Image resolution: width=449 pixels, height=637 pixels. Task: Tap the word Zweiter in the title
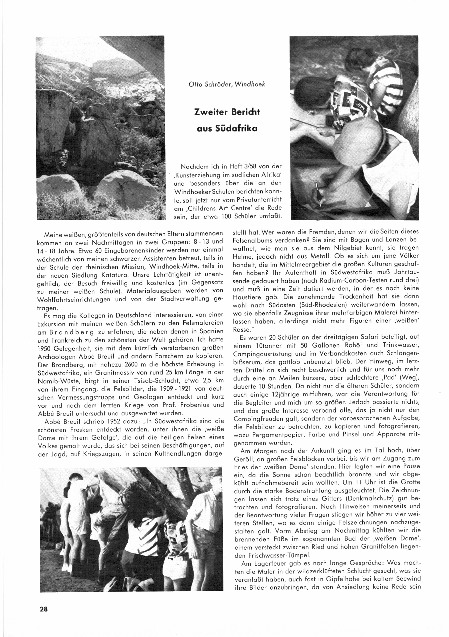click(210, 112)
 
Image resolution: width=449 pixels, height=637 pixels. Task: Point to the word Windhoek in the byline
click(250, 84)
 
